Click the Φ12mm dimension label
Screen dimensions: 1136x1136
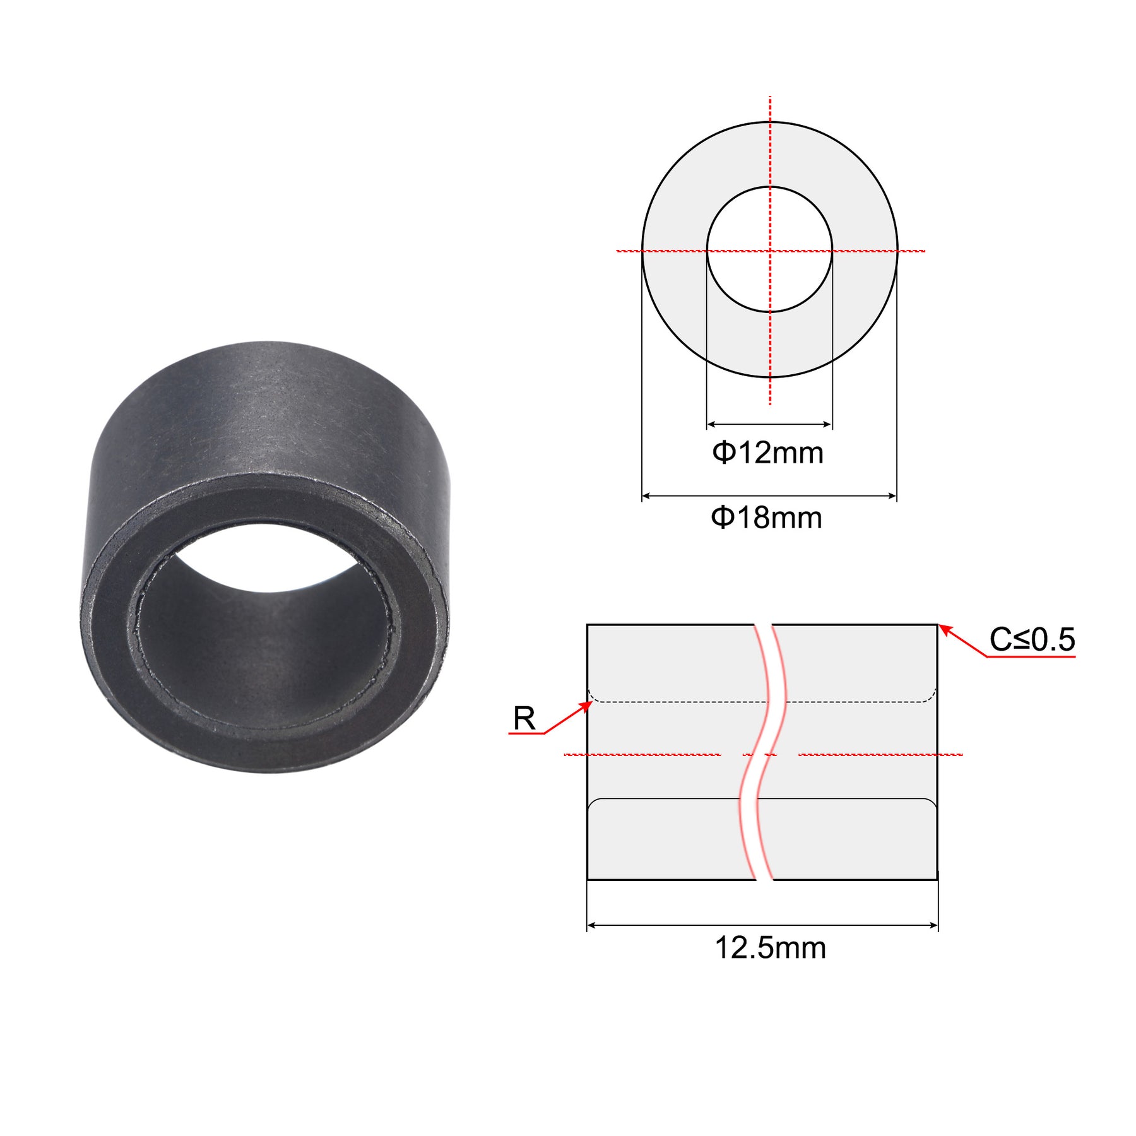tap(767, 453)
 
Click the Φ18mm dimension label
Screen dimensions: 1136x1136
tap(766, 518)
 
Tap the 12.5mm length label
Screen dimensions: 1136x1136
tap(770, 948)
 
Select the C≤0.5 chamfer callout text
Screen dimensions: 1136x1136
tap(1032, 639)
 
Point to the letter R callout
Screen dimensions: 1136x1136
tap(524, 718)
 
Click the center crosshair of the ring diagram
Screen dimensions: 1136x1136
tap(770, 251)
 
